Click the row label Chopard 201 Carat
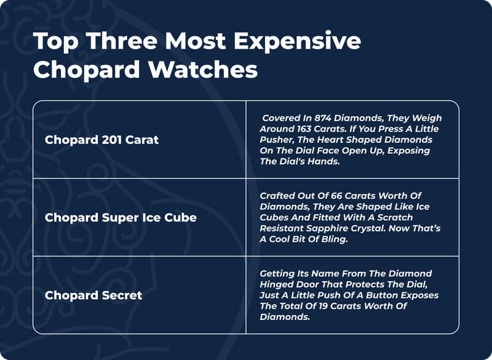point(101,140)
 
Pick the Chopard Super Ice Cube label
point(121,217)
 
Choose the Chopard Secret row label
point(93,295)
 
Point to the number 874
point(320,118)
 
